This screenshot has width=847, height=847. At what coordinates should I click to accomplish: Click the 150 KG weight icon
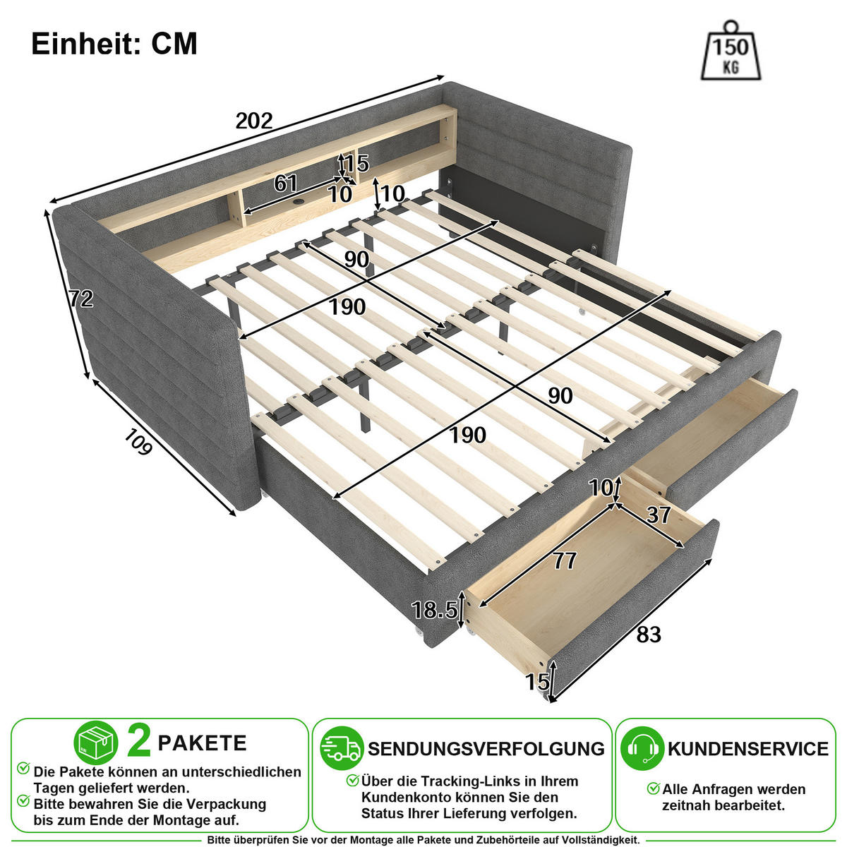pyautogui.click(x=730, y=51)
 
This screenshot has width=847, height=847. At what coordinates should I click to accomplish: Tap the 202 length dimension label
pyautogui.click(x=254, y=121)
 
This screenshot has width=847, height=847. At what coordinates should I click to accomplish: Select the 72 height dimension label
pyautogui.click(x=81, y=299)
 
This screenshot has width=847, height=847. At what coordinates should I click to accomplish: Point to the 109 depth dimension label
pyautogui.click(x=138, y=441)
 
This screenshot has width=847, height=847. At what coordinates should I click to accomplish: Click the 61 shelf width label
pyautogui.click(x=286, y=184)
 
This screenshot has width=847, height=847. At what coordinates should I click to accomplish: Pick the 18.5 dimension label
pyautogui.click(x=435, y=610)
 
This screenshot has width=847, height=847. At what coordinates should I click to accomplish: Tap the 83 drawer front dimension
pyautogui.click(x=649, y=635)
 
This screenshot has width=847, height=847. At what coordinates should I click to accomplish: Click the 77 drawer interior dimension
pyautogui.click(x=565, y=560)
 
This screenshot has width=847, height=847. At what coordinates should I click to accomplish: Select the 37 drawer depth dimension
pyautogui.click(x=659, y=515)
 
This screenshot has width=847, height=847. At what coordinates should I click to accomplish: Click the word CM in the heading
pyautogui.click(x=174, y=44)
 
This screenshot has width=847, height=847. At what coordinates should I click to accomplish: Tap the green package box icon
pyautogui.click(x=96, y=743)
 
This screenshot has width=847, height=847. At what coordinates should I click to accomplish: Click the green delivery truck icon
pyautogui.click(x=342, y=748)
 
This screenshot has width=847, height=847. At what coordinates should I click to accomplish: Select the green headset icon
pyautogui.click(x=642, y=748)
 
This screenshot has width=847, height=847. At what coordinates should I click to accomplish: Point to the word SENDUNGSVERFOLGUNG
pyautogui.click(x=486, y=749)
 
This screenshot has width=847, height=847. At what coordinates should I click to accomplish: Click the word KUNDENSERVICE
pyautogui.click(x=748, y=749)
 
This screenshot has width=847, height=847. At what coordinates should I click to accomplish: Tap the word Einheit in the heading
pyautogui.click(x=86, y=44)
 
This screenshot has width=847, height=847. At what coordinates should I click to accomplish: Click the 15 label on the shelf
pyautogui.click(x=357, y=164)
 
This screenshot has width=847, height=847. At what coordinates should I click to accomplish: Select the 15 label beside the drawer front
pyautogui.click(x=538, y=682)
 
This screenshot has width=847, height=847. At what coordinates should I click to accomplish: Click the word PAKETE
pyautogui.click(x=202, y=743)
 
